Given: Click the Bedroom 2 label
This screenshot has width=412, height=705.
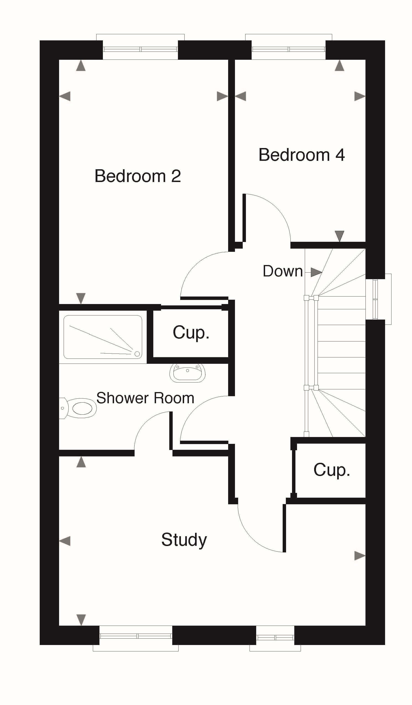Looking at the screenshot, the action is point(138,176).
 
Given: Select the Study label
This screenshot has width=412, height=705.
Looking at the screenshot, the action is point(184,540).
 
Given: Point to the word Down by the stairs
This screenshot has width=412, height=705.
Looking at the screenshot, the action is point(283,271).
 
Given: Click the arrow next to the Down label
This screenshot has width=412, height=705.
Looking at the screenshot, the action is point(316,272).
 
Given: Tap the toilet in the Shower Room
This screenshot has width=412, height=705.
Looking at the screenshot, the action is point(78,408).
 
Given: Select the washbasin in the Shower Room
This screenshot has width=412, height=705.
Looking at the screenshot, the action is point(188,373).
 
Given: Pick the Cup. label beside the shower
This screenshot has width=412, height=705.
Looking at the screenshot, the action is point(191,333).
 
